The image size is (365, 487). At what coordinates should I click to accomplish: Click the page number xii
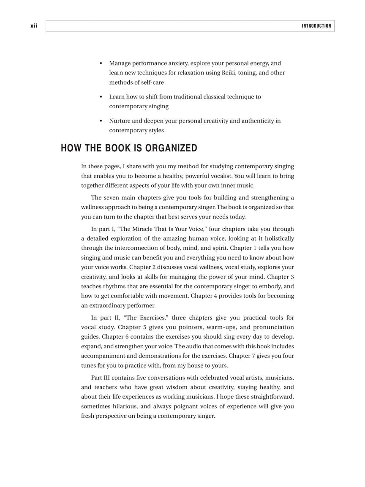click(34, 26)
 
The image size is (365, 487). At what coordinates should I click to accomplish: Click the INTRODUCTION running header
click(316, 26)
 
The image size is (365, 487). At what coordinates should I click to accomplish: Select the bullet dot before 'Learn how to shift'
click(101, 97)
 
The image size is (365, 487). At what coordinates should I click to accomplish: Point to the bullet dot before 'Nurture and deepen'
click(101, 121)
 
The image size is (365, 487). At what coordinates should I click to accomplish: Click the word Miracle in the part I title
click(142, 229)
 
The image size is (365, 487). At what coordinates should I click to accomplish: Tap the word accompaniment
click(101, 356)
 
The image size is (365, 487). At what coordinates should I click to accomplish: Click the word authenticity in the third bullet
click(256, 121)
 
